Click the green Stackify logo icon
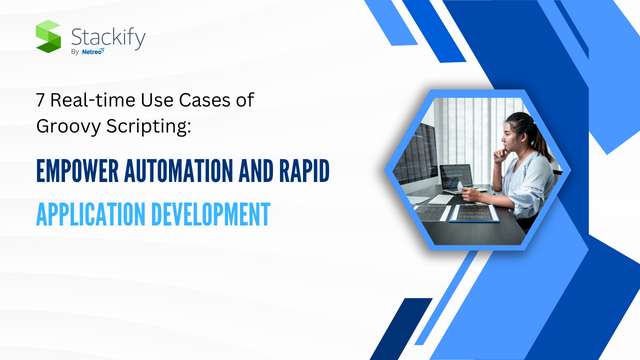[x=49, y=37]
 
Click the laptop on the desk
[x=458, y=180]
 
